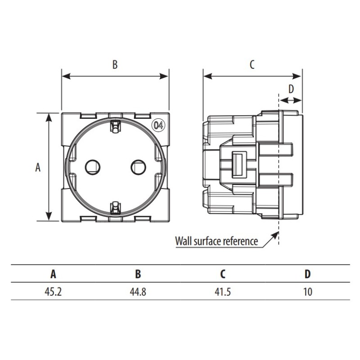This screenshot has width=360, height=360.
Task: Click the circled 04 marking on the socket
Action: (159, 126)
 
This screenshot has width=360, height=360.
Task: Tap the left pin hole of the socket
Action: (93, 167)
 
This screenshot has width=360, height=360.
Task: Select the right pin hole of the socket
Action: (139, 167)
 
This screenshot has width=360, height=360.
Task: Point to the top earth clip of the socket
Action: (115, 126)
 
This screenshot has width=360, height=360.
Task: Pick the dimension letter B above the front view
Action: (115, 64)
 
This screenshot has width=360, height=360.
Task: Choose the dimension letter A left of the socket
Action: (38, 167)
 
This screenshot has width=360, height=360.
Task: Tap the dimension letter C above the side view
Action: (252, 64)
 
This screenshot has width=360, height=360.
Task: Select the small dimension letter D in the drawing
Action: (291, 89)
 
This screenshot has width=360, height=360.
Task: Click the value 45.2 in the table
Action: (53, 292)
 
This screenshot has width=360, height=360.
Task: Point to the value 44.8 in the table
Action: (138, 292)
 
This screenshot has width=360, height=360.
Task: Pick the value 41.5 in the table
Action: (222, 292)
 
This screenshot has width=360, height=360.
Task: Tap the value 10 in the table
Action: (308, 292)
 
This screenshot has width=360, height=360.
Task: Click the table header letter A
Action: (53, 274)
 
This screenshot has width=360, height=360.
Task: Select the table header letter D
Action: (307, 274)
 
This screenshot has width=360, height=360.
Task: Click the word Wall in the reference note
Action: (184, 241)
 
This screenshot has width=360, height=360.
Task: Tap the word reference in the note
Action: (240, 241)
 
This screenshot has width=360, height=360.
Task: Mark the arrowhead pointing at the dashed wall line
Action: (275, 235)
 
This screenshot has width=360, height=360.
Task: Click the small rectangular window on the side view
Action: (239, 165)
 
